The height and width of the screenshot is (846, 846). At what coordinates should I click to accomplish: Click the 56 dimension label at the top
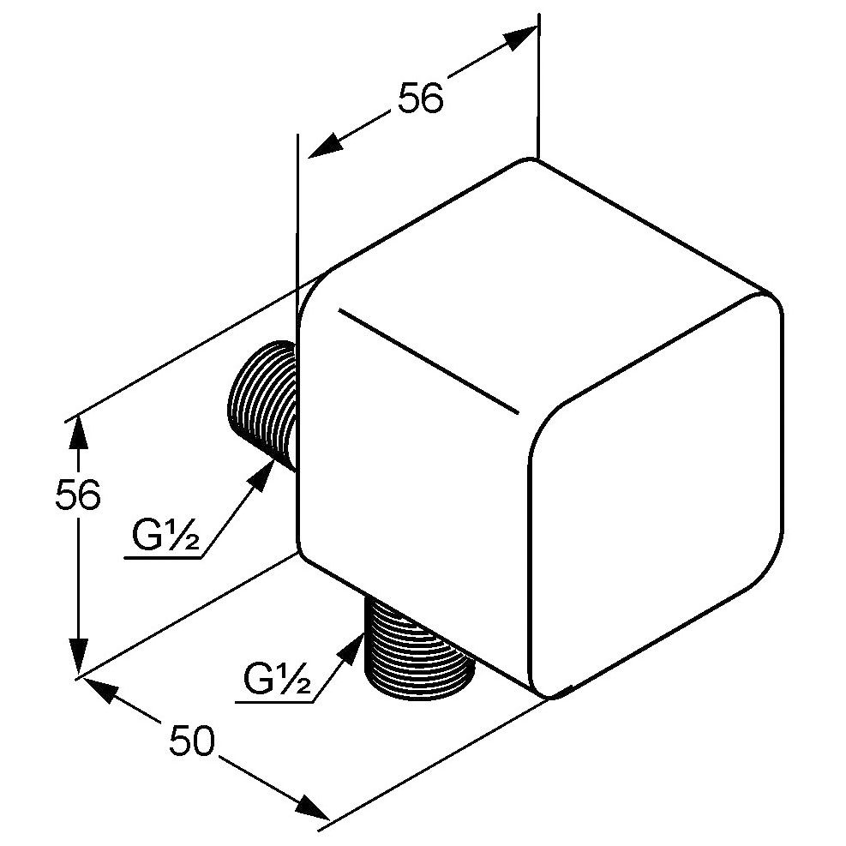[x=420, y=99]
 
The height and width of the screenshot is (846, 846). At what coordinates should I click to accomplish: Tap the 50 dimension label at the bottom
[x=192, y=741]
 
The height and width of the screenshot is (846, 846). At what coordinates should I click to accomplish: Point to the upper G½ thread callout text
[x=165, y=534]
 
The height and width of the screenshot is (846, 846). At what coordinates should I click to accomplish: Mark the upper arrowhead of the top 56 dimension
[x=519, y=37]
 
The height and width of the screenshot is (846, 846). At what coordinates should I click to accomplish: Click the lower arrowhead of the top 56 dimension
[x=326, y=146]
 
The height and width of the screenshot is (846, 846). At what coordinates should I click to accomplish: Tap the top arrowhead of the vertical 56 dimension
[x=79, y=432]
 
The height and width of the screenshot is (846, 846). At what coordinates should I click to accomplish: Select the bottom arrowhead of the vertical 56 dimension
[x=79, y=656]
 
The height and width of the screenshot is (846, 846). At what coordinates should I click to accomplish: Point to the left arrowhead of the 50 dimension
[x=100, y=688]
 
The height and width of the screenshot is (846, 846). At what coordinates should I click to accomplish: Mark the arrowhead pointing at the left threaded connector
[x=265, y=474]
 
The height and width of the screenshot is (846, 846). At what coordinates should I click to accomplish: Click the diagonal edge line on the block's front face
[x=429, y=362]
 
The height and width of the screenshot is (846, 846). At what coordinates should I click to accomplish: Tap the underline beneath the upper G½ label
[x=162, y=558]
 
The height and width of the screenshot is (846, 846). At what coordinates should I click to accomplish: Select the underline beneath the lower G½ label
[x=274, y=702]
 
